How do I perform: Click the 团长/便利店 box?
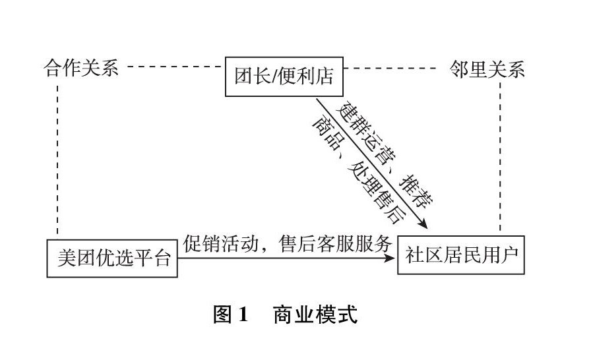point(284,76)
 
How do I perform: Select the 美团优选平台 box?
point(112,258)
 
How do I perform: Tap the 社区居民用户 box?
point(461,254)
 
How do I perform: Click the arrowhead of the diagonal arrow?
point(421,224)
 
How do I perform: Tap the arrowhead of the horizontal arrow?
point(391,258)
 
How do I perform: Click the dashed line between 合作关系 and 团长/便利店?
point(174,67)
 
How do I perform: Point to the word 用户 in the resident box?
point(502,255)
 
